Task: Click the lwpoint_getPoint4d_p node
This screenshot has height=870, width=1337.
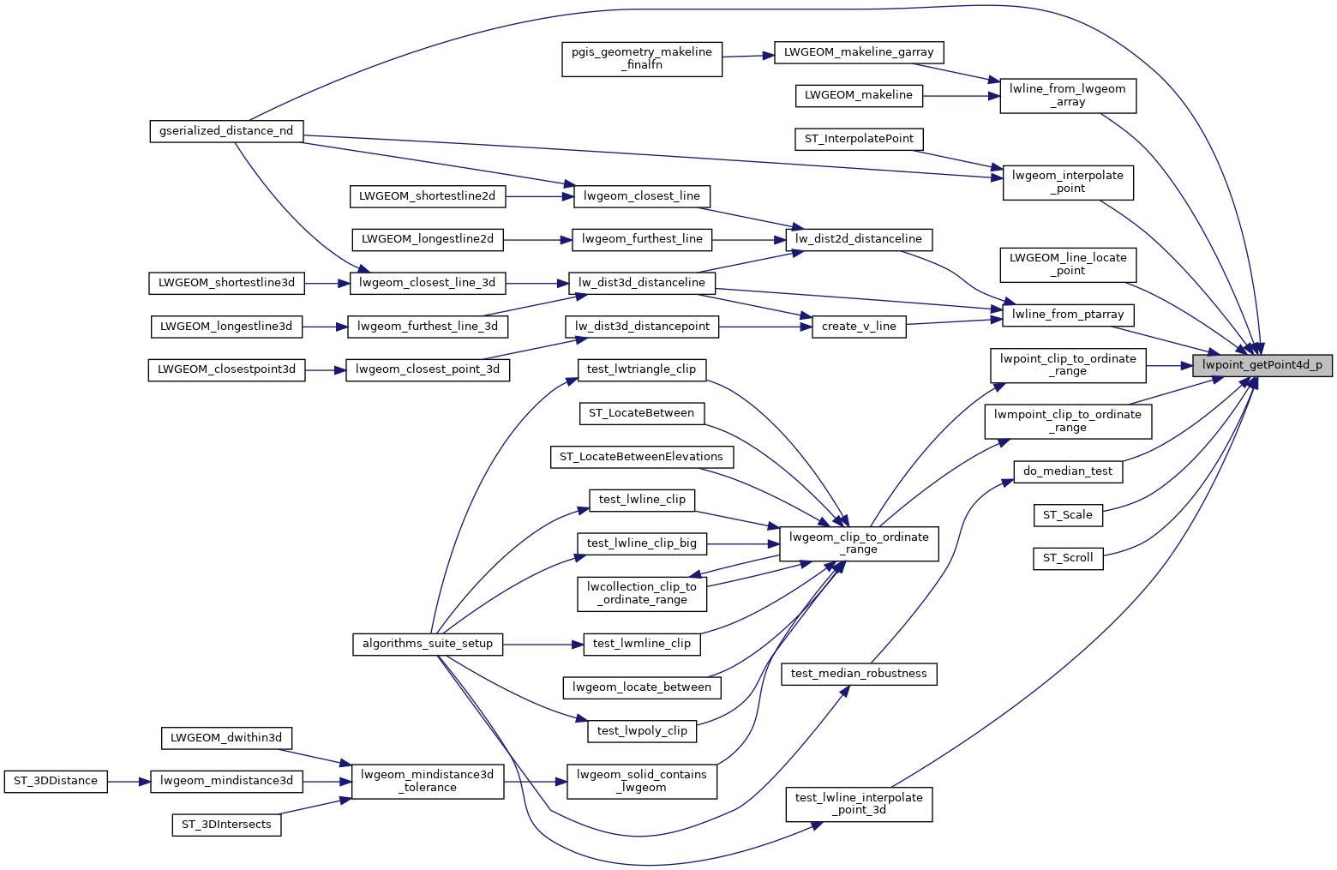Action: (x=1262, y=365)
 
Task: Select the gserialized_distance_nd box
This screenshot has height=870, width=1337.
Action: (x=226, y=131)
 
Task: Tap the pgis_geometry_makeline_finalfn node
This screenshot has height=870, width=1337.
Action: (x=642, y=58)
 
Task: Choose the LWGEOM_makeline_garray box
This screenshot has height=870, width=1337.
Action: (x=858, y=51)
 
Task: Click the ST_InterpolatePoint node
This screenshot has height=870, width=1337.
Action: (x=859, y=139)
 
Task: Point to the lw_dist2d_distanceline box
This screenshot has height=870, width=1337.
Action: (x=858, y=239)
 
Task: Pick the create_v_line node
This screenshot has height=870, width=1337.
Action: (x=859, y=327)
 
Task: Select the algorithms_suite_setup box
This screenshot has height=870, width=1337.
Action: (x=427, y=644)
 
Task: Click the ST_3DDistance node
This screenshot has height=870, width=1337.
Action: (x=56, y=781)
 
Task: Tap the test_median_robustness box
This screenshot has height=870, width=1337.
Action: (x=859, y=674)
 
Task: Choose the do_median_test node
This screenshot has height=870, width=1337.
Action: (x=1067, y=471)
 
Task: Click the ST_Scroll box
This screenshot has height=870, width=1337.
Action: (x=1067, y=558)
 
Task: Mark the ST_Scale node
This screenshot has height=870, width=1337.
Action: (x=1067, y=515)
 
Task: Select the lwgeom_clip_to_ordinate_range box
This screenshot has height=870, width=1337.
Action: (x=859, y=543)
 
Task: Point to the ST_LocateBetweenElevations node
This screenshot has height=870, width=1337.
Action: (x=641, y=457)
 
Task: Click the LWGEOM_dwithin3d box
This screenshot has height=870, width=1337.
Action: (x=226, y=738)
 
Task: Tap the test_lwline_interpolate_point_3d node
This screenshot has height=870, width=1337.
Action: (x=859, y=804)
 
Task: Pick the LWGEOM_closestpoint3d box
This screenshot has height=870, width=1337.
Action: (x=226, y=369)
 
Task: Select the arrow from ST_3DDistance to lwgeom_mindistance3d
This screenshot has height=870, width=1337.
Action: (x=129, y=781)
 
